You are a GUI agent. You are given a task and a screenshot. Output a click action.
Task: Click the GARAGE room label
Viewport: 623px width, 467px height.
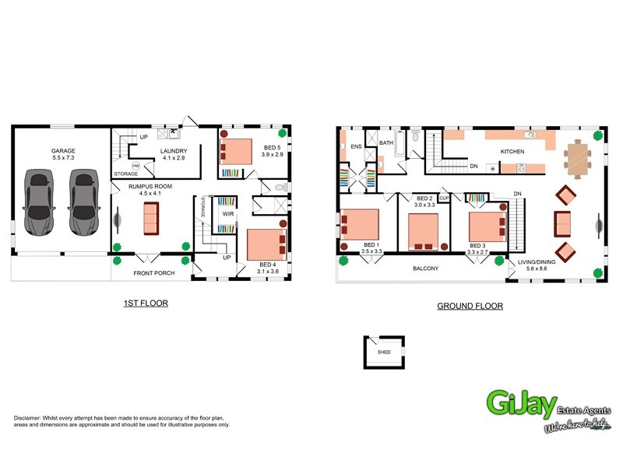(x=63, y=150)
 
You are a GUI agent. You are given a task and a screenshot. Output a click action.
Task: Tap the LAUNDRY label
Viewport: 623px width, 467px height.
(x=173, y=151)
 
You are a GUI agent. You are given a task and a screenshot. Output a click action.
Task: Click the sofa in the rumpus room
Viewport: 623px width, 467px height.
(x=150, y=219)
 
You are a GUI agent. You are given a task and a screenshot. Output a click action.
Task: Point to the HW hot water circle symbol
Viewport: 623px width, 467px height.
(x=136, y=166)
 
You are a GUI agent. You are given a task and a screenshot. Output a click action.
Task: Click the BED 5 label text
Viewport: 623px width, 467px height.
(x=273, y=148)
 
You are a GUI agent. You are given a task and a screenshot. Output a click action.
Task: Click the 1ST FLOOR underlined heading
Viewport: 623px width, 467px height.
(x=146, y=303)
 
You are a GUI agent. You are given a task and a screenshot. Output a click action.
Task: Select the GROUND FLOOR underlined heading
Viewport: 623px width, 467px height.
(x=470, y=306)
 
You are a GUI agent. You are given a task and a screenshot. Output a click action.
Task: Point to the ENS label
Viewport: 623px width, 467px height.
(x=356, y=146)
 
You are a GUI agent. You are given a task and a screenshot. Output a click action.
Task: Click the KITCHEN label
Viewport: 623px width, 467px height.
(x=512, y=151)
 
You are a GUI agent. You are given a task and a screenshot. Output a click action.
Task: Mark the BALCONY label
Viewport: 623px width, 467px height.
(x=425, y=269)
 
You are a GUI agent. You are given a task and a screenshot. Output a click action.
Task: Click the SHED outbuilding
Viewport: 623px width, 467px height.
(x=384, y=352)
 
